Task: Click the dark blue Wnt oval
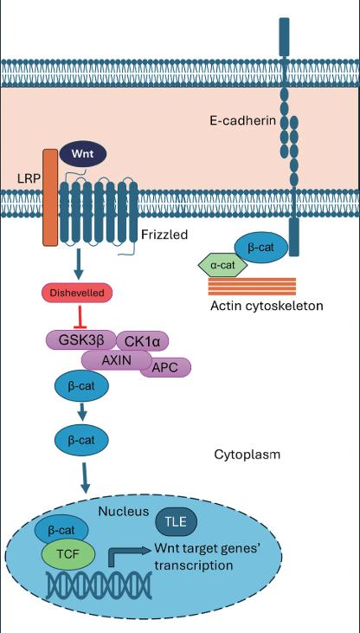(83, 154)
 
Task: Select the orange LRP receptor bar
(50, 197)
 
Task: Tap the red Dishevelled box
(76, 293)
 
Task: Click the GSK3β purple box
(81, 340)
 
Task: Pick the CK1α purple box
(142, 342)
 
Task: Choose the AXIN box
(116, 359)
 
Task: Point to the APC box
(165, 367)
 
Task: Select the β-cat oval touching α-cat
(260, 248)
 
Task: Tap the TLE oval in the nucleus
(177, 521)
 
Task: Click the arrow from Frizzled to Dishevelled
(79, 263)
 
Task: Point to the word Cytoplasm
(247, 455)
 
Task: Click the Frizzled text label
(164, 234)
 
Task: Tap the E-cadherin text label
(242, 120)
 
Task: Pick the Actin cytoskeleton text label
(267, 306)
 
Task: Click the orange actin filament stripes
(252, 287)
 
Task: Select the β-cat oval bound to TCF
(61, 530)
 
